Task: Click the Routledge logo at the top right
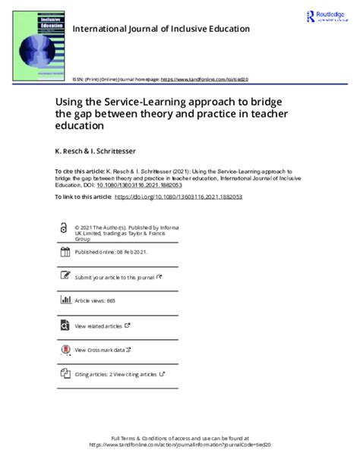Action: pos(327,17)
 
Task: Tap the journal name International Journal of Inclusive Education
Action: pos(160,30)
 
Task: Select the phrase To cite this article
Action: pos(80,172)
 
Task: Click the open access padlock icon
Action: pos(63,228)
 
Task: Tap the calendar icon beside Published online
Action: pos(64,253)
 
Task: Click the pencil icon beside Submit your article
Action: pos(64,277)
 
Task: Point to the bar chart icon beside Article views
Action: pos(64,301)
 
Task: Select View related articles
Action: pos(99,326)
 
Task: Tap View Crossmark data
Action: pos(103,350)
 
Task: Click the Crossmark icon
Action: pos(63,349)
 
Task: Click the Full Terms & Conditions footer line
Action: pos(180,438)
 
